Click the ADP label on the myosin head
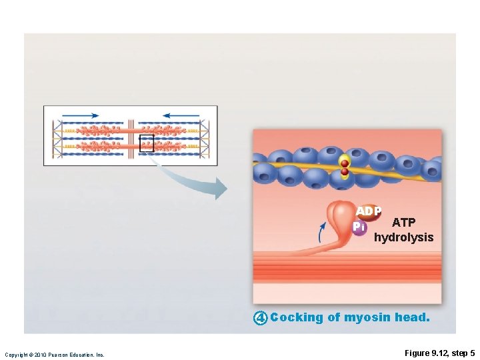(x=368, y=211)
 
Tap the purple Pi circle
(x=359, y=227)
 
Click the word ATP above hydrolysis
(x=403, y=223)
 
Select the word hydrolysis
(x=403, y=237)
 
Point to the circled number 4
(x=260, y=318)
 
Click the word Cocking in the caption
(x=297, y=317)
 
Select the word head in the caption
(x=412, y=317)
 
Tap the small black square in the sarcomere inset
(x=146, y=143)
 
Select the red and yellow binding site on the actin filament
(x=344, y=166)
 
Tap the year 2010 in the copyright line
(x=39, y=355)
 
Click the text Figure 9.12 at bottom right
(x=423, y=353)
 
